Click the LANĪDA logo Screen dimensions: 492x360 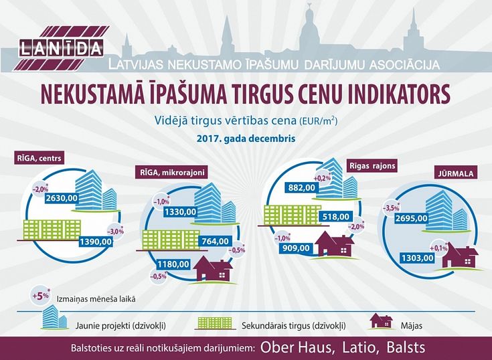(61, 48)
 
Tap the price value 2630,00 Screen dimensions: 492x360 (62, 198)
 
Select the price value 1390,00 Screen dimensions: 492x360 (95, 242)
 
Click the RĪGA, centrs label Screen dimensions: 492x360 (39, 158)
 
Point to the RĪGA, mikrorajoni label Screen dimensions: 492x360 (171, 172)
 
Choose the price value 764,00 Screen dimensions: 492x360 (216, 241)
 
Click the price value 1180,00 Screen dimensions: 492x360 (173, 264)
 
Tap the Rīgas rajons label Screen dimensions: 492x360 (372, 165)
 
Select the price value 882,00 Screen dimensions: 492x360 (301, 187)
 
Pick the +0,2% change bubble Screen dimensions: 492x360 (322, 178)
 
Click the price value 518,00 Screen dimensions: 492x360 (335, 217)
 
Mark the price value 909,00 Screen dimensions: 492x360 (296, 248)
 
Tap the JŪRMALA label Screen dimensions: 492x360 (456, 173)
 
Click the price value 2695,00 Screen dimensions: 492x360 (412, 218)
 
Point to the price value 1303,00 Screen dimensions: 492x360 (418, 258)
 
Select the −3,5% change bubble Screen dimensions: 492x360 (392, 207)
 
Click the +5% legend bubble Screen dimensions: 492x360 (41, 296)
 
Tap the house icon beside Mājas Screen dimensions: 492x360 (381, 321)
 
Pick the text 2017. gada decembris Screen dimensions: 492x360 (246, 139)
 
